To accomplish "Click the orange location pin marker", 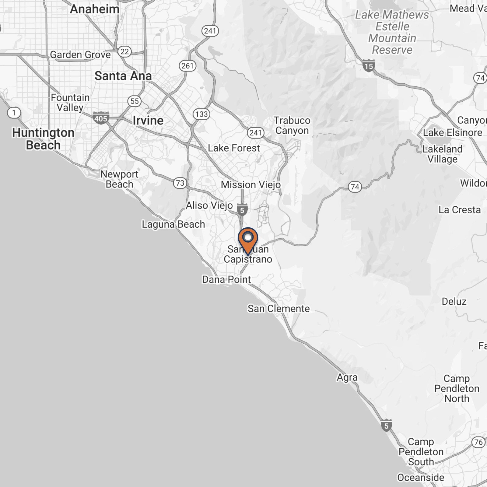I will (248, 240).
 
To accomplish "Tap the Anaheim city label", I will (95, 9).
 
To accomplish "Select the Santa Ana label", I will (123, 76).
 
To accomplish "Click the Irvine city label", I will (148, 121).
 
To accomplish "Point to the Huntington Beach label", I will (43, 139).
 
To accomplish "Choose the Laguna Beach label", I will (173, 224).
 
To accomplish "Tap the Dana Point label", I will (226, 279).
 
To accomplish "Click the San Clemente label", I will (279, 309).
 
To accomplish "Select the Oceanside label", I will (421, 477).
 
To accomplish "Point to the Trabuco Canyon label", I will (292, 125).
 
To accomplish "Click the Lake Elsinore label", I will (452, 133).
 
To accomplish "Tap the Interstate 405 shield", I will (101, 118).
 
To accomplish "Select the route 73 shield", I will (180, 183).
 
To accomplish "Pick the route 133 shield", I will (201, 114).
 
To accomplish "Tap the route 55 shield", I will (134, 101).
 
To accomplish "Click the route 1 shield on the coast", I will (14, 113).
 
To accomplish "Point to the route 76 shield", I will (478, 442).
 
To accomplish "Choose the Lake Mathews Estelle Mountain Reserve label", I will (392, 32).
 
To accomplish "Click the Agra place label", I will (347, 377).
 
